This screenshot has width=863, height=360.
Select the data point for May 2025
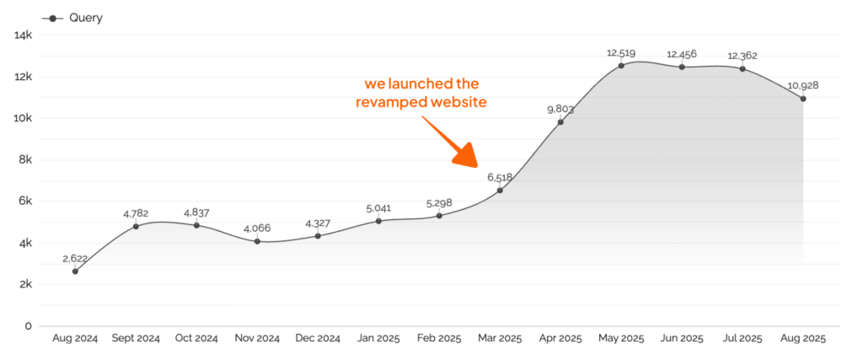pyautogui.click(x=621, y=65)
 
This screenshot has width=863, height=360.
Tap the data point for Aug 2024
pyautogui.click(x=75, y=271)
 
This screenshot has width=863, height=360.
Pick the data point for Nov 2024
pyautogui.click(x=257, y=241)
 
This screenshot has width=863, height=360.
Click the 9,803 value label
pyautogui.click(x=560, y=109)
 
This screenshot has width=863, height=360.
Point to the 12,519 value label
pyautogui.click(x=621, y=53)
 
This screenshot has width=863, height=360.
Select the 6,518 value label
pyautogui.click(x=500, y=178)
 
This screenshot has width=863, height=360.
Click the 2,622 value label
pyautogui.click(x=75, y=259)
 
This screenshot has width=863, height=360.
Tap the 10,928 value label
pyautogui.click(x=803, y=86)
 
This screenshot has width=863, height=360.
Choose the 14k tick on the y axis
pyautogui.click(x=23, y=35)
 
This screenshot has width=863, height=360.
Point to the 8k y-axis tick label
pyautogui.click(x=24, y=159)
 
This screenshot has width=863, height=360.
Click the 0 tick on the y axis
pyautogui.click(x=28, y=325)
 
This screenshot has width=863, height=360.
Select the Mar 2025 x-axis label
pyautogui.click(x=500, y=338)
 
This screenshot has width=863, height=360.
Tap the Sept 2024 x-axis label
pyautogui.click(x=136, y=338)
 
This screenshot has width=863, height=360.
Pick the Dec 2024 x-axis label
pyautogui.click(x=318, y=338)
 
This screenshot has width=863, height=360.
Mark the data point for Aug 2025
pyautogui.click(x=803, y=99)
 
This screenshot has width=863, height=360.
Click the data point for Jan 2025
pyautogui.click(x=378, y=221)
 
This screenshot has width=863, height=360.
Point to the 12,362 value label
pyautogui.click(x=742, y=56)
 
